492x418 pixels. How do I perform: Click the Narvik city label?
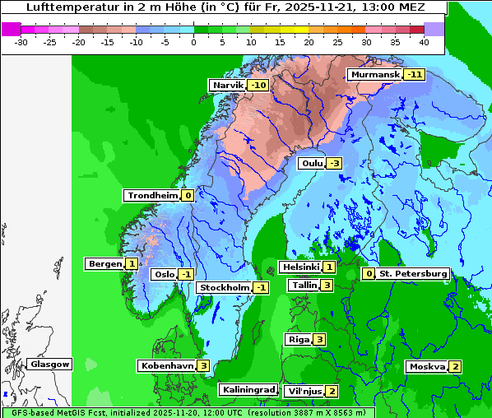228,85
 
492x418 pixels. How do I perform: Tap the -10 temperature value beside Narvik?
258,85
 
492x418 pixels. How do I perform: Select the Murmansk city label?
375,74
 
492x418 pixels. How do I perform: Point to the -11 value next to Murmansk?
414,74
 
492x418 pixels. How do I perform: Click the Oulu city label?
311,163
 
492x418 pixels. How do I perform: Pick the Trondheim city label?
152,195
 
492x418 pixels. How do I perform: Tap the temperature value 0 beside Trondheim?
188,195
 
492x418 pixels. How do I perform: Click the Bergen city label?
104,263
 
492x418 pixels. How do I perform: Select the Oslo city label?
164,274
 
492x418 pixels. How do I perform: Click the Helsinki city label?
300,267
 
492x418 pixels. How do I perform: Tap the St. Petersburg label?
413,273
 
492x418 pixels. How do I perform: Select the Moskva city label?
427,366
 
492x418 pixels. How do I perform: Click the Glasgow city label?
51,364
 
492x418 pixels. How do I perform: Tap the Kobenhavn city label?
166,365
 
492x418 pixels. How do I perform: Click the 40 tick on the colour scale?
423,41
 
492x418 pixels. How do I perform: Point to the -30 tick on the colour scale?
21,41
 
